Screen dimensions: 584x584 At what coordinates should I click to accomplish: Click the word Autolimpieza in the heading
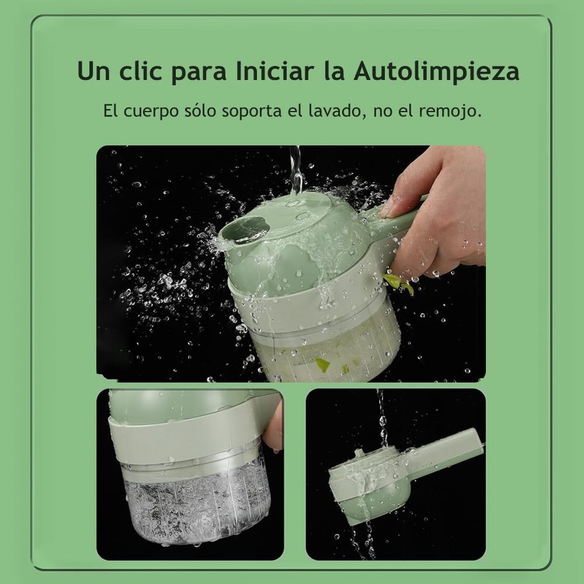pyautogui.click(x=436, y=72)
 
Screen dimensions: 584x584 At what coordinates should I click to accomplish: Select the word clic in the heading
pyautogui.click(x=145, y=72)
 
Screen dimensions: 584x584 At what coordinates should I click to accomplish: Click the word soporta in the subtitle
pyautogui.click(x=251, y=111)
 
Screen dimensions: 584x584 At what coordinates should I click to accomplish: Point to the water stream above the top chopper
pyautogui.click(x=296, y=169)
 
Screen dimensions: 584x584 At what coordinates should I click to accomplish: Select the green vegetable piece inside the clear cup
pyautogui.click(x=322, y=365)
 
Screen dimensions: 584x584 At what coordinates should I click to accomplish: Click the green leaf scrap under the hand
pyautogui.click(x=398, y=283)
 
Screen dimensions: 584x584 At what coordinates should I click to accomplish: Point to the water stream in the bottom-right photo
pyautogui.click(x=383, y=418)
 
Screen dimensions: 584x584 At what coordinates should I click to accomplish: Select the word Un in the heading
pyautogui.click(x=93, y=72)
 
